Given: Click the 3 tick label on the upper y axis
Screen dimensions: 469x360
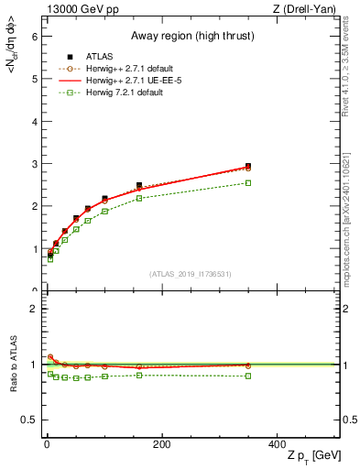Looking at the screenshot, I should click(x=33, y=164).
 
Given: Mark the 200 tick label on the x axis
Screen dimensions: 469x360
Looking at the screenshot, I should click(x=161, y=445).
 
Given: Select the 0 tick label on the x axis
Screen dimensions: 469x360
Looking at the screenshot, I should click(x=46, y=445).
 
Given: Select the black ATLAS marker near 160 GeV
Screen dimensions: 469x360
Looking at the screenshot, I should click(x=139, y=185).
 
